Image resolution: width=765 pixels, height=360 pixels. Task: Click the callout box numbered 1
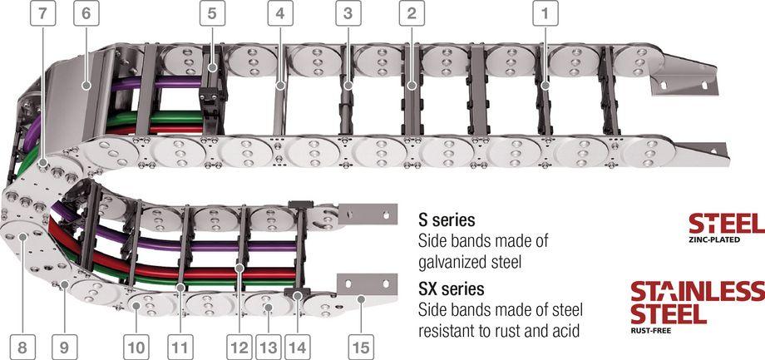pyautogui.click(x=545, y=13)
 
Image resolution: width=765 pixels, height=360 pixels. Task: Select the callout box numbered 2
pyautogui.click(x=412, y=13)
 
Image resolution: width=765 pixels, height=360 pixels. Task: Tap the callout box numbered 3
pyautogui.click(x=348, y=13)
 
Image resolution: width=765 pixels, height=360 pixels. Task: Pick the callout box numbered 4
pyautogui.click(x=280, y=13)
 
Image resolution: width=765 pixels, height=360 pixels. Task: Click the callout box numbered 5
pyautogui.click(x=212, y=13)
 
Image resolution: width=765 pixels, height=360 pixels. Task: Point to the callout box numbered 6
pyautogui.click(x=86, y=13)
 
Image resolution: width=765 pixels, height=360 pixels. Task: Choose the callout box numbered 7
pyautogui.click(x=43, y=13)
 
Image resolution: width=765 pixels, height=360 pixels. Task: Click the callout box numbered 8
pyautogui.click(x=22, y=348)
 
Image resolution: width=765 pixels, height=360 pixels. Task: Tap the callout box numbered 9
pyautogui.click(x=64, y=348)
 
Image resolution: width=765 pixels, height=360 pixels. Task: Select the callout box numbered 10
pyautogui.click(x=136, y=348)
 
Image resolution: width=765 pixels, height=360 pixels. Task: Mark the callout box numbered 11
pyautogui.click(x=180, y=348)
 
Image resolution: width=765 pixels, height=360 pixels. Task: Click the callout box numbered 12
pyautogui.click(x=239, y=348)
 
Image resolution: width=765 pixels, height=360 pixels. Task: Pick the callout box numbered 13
pyautogui.click(x=268, y=348)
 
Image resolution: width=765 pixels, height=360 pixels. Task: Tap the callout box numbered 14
pyautogui.click(x=297, y=348)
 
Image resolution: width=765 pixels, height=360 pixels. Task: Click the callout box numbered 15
pyautogui.click(x=361, y=348)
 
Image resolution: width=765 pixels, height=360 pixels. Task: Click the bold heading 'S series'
pyautogui.click(x=447, y=220)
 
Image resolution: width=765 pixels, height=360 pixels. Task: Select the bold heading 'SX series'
pyautogui.click(x=452, y=289)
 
